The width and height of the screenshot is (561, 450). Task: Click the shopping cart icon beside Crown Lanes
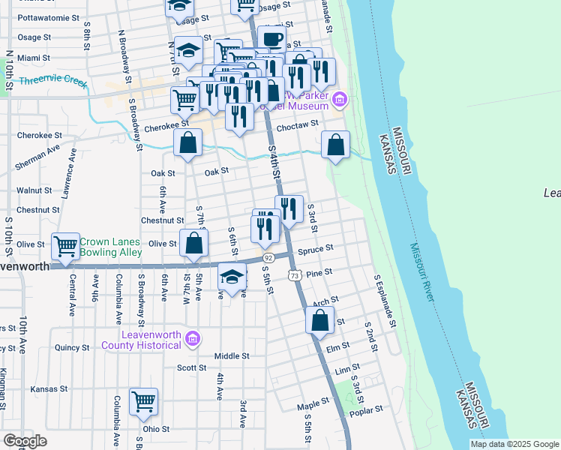[66, 245]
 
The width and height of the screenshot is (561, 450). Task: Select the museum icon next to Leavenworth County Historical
[193, 339]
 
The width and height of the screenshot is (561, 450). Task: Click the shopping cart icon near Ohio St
[143, 401]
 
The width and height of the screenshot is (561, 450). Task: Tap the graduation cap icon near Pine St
[232, 276]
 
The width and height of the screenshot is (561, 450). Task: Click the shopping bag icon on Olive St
[193, 243]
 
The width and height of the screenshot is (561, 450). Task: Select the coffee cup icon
[271, 40]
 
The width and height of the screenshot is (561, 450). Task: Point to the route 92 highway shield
[268, 257]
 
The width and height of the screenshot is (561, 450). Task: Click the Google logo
[25, 441]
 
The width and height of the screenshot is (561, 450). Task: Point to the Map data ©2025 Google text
[514, 444]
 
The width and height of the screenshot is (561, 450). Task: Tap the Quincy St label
[72, 347]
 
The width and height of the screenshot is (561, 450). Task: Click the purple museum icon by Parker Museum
[340, 99]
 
